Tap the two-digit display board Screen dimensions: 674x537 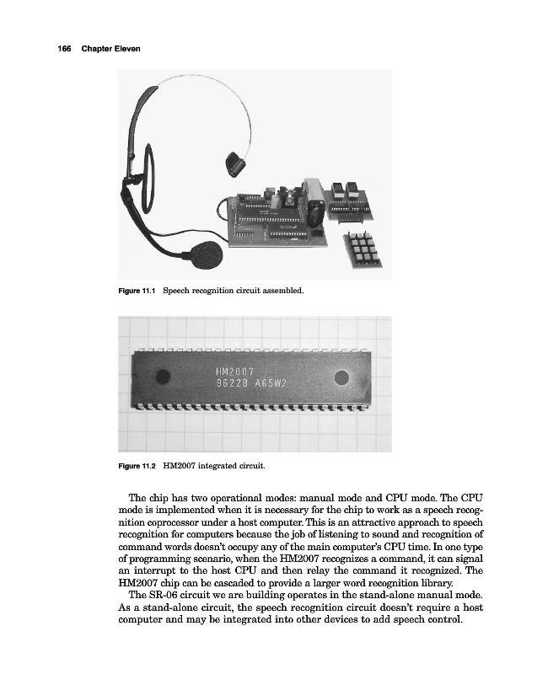pos(348,199)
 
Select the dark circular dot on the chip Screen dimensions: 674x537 pos(164,377)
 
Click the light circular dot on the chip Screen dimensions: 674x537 pos(342,377)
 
